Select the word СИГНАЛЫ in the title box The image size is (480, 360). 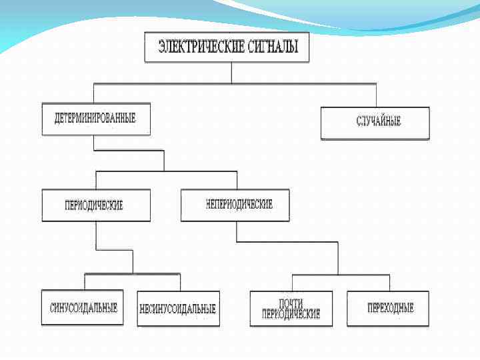[x=274, y=48]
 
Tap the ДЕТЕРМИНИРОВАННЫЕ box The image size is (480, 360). [x=95, y=119]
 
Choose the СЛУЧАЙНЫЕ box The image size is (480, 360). [x=375, y=122]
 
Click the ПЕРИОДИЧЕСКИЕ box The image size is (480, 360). [x=95, y=205]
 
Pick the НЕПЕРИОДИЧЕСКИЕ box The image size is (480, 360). [x=235, y=205]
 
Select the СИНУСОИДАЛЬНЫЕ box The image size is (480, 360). [x=83, y=308]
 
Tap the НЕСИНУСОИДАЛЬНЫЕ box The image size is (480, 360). [x=178, y=309]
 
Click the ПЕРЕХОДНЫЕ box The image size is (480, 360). [x=388, y=308]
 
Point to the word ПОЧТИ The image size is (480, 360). [x=291, y=303]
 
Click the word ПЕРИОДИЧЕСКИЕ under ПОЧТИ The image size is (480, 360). [x=291, y=313]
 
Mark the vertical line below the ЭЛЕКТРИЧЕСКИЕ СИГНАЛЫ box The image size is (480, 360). [x=231, y=73]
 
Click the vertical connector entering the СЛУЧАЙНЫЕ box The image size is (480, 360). [x=376, y=95]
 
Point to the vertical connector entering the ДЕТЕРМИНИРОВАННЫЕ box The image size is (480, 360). [x=94, y=93]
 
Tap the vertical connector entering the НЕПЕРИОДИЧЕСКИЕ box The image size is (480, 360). [x=236, y=181]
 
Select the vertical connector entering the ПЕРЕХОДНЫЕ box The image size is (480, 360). [x=390, y=283]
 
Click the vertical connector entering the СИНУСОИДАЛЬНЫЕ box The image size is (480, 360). [x=85, y=281]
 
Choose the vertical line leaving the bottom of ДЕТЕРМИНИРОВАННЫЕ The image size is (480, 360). [x=94, y=143]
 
